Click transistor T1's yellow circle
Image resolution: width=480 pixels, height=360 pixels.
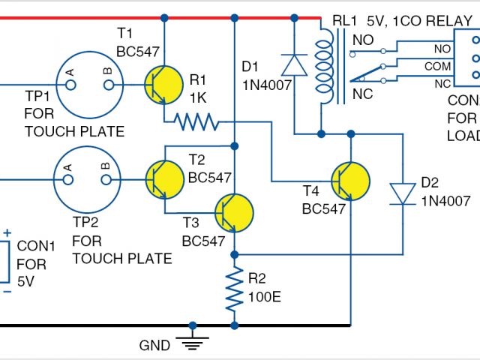pyautogui.click(x=163, y=85)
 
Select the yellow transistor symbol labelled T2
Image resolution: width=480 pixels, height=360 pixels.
pyautogui.click(x=165, y=180)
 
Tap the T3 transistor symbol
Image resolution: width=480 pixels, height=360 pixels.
pyautogui.click(x=234, y=213)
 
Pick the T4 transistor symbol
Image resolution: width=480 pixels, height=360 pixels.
pyautogui.click(x=350, y=181)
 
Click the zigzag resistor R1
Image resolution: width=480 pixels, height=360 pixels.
pyautogui.click(x=196, y=121)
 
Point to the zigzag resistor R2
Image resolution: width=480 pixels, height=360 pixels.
pyautogui.click(x=235, y=289)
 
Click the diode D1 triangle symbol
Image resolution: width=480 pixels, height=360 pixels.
pyautogui.click(x=294, y=65)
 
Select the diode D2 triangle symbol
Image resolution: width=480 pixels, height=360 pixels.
pyautogui.click(x=403, y=193)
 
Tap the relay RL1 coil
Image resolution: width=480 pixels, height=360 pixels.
pyautogui.click(x=325, y=67)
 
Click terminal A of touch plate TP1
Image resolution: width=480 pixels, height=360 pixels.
pyautogui.click(x=70, y=85)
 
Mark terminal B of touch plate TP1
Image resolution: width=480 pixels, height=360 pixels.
pyautogui.click(x=109, y=85)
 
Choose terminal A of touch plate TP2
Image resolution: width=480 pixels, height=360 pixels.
pyautogui.click(x=68, y=180)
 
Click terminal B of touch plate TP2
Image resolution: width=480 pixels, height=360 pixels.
pyautogui.click(x=106, y=180)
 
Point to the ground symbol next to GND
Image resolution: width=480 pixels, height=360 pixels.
pyautogui.click(x=192, y=343)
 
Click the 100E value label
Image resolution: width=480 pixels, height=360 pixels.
pyautogui.click(x=265, y=297)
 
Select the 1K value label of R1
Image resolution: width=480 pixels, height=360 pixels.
pyautogui.click(x=198, y=98)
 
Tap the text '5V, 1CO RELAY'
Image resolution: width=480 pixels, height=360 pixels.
pyautogui.click(x=420, y=21)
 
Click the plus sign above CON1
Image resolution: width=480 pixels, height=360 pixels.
pyautogui.click(x=7, y=233)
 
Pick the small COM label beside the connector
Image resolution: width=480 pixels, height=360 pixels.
pyautogui.click(x=437, y=67)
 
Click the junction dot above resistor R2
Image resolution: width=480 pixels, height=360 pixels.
pyautogui.click(x=235, y=254)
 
